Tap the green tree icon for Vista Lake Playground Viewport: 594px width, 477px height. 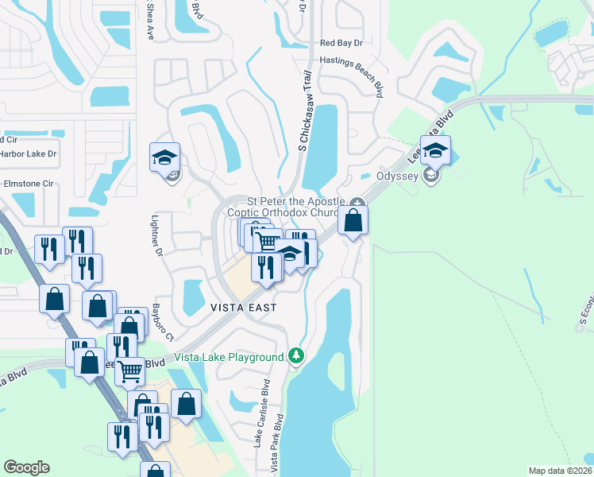(296, 354)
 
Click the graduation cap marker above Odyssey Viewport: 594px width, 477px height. (435, 151)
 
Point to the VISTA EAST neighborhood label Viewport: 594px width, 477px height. (244, 307)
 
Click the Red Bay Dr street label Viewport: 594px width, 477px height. (341, 44)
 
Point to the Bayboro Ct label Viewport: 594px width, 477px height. (164, 321)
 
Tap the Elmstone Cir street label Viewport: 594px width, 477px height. (27, 183)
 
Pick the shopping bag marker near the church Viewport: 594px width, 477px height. (354, 220)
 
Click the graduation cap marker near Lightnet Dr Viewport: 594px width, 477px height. (164, 158)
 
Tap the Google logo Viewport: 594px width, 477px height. (26, 467)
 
